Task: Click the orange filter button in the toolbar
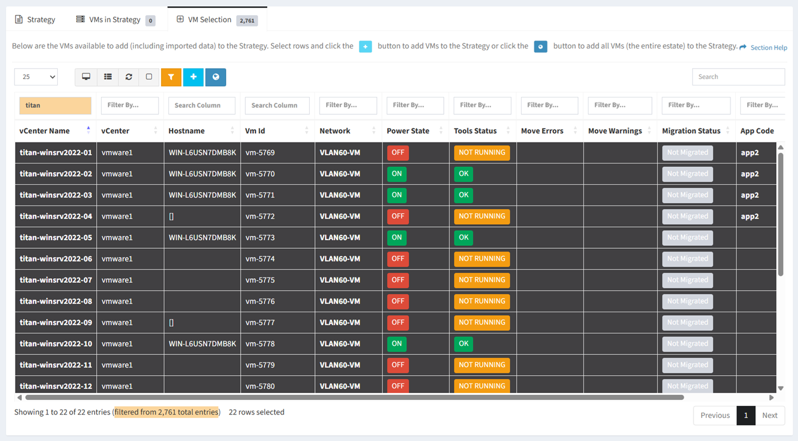(x=171, y=77)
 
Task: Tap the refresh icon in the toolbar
(x=129, y=77)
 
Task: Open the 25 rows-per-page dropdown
(x=36, y=77)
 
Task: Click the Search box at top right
(x=738, y=77)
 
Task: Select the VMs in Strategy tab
(x=115, y=20)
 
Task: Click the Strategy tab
(x=35, y=20)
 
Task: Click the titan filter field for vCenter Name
(x=55, y=106)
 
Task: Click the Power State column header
(x=408, y=131)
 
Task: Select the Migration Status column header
(x=691, y=131)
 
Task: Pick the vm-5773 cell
(x=260, y=237)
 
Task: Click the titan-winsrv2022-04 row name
(x=56, y=216)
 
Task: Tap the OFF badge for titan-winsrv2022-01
(x=398, y=152)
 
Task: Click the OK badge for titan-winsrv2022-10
(x=463, y=343)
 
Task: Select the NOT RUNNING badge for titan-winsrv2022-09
(x=482, y=323)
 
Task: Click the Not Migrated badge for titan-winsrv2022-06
(x=688, y=259)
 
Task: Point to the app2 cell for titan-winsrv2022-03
(x=750, y=195)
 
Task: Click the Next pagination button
(x=770, y=416)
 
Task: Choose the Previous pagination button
(x=715, y=416)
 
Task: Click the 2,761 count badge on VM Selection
(x=247, y=21)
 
